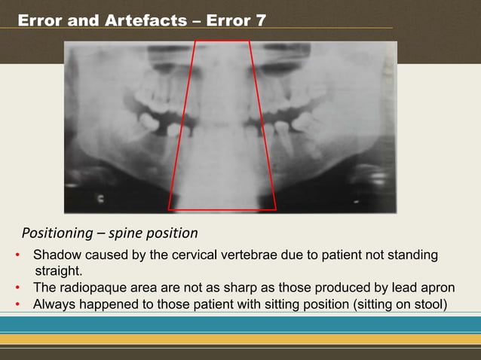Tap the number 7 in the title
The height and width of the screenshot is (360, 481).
click(x=260, y=20)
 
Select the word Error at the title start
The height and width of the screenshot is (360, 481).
click(x=39, y=20)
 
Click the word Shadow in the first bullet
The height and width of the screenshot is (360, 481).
click(x=54, y=255)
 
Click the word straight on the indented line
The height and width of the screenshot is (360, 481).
click(x=60, y=271)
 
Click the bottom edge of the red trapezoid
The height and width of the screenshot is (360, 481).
click(x=222, y=209)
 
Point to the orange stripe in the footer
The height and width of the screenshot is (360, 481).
click(x=240, y=338)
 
